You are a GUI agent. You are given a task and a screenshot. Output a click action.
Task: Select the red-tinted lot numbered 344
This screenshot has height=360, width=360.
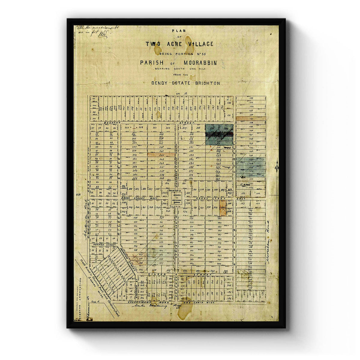(161, 155)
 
